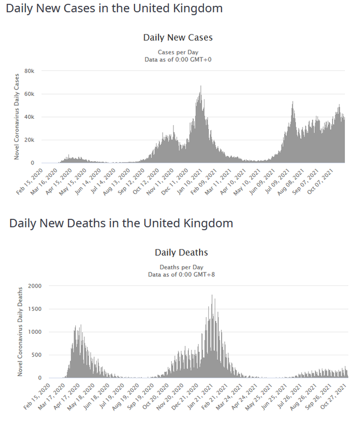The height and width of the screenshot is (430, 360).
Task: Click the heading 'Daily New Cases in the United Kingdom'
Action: (x=114, y=9)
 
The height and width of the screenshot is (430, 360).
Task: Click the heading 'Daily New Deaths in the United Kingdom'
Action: (x=121, y=223)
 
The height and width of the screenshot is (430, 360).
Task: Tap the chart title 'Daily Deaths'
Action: (x=181, y=252)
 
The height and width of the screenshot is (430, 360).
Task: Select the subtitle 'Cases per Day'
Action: (x=178, y=52)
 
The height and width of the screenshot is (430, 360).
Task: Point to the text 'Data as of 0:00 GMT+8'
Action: (x=181, y=275)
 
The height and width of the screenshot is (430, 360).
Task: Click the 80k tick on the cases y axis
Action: (x=30, y=71)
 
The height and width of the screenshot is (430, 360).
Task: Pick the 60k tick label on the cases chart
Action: (x=30, y=94)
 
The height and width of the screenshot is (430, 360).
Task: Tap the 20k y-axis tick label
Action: (x=30, y=140)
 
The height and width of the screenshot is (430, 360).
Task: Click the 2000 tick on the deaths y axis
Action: (x=35, y=286)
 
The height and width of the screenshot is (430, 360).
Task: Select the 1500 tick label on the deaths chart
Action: (x=35, y=309)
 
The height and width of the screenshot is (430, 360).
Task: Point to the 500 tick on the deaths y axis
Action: (x=37, y=355)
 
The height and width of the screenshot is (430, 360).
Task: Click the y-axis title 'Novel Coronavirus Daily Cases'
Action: (x=17, y=117)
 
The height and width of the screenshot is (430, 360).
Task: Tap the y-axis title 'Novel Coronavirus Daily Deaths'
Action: (x=20, y=332)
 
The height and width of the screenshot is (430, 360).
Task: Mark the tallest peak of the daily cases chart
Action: (x=201, y=86)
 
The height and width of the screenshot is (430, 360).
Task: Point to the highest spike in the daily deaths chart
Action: (x=212, y=295)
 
